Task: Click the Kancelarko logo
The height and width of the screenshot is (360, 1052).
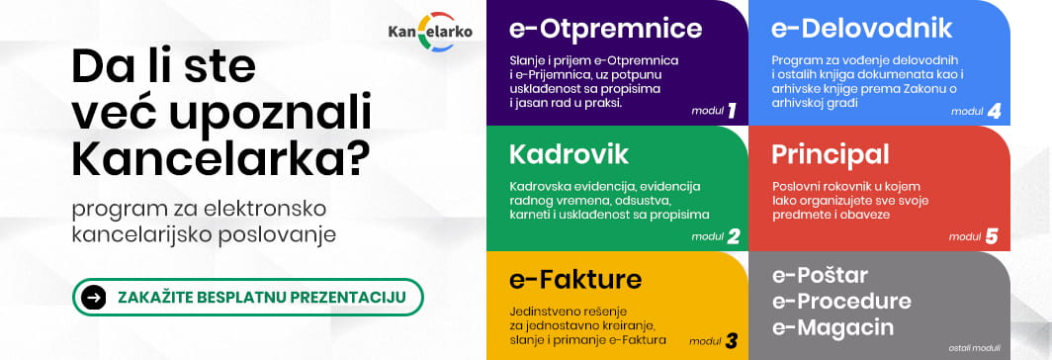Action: [430, 32]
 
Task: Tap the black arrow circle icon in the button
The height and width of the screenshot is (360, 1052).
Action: [94, 297]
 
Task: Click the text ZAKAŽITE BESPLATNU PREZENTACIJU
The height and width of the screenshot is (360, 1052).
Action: [262, 297]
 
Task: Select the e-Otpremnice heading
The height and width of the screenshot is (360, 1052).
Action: [606, 29]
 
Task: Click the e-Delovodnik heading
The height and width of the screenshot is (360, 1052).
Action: [862, 29]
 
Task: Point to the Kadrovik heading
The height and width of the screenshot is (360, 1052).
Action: [569, 154]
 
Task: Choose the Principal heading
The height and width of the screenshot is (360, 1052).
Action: [831, 154]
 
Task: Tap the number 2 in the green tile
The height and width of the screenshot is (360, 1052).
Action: [733, 236]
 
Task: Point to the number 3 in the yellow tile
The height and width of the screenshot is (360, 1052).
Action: [731, 341]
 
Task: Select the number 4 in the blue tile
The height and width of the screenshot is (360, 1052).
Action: [994, 112]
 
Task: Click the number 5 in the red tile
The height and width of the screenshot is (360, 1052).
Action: [992, 236]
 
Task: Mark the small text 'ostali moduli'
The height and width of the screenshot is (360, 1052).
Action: [974, 348]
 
